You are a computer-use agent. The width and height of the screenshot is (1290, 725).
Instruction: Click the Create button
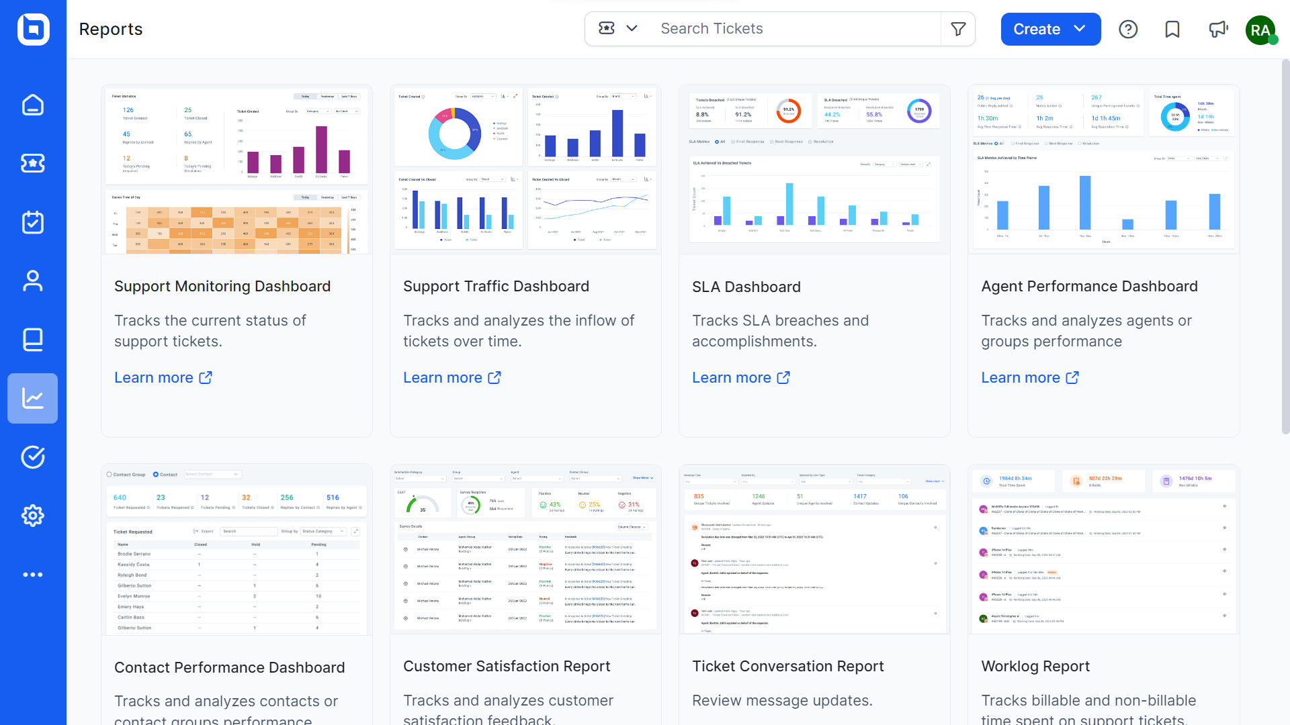pyautogui.click(x=1049, y=30)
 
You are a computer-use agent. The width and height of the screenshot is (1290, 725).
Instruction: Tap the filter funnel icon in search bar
pyautogui.click(x=958, y=29)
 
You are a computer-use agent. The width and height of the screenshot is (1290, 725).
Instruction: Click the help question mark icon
pyautogui.click(x=1128, y=30)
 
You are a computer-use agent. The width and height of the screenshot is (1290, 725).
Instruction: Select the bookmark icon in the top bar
pyautogui.click(x=1172, y=30)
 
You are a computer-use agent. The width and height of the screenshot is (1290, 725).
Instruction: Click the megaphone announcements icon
pyautogui.click(x=1218, y=30)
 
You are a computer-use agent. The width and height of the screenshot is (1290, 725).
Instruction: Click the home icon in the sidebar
pyautogui.click(x=33, y=105)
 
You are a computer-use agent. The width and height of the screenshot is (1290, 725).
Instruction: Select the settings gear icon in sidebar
pyautogui.click(x=33, y=516)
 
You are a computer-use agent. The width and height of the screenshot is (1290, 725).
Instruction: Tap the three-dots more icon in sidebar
pyautogui.click(x=33, y=575)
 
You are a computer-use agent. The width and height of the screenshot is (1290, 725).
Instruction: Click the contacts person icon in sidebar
pyautogui.click(x=33, y=281)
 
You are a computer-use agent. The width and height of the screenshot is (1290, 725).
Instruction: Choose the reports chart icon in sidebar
pyautogui.click(x=33, y=399)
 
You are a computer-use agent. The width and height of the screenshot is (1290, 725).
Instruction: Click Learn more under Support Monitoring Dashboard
pyautogui.click(x=163, y=378)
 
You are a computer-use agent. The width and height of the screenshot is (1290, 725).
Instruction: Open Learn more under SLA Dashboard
pyautogui.click(x=741, y=378)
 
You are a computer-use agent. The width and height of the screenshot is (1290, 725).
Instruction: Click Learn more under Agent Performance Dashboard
pyautogui.click(x=1030, y=378)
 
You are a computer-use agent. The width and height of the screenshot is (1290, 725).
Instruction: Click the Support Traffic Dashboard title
pyautogui.click(x=496, y=287)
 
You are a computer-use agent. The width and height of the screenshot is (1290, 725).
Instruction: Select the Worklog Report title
pyautogui.click(x=1035, y=667)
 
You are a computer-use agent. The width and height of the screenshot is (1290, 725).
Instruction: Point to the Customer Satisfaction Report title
pyautogui.click(x=507, y=667)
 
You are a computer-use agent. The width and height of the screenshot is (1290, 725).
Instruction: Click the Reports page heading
pyautogui.click(x=111, y=30)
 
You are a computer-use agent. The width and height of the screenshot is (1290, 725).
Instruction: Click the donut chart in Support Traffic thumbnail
pyautogui.click(x=455, y=134)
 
